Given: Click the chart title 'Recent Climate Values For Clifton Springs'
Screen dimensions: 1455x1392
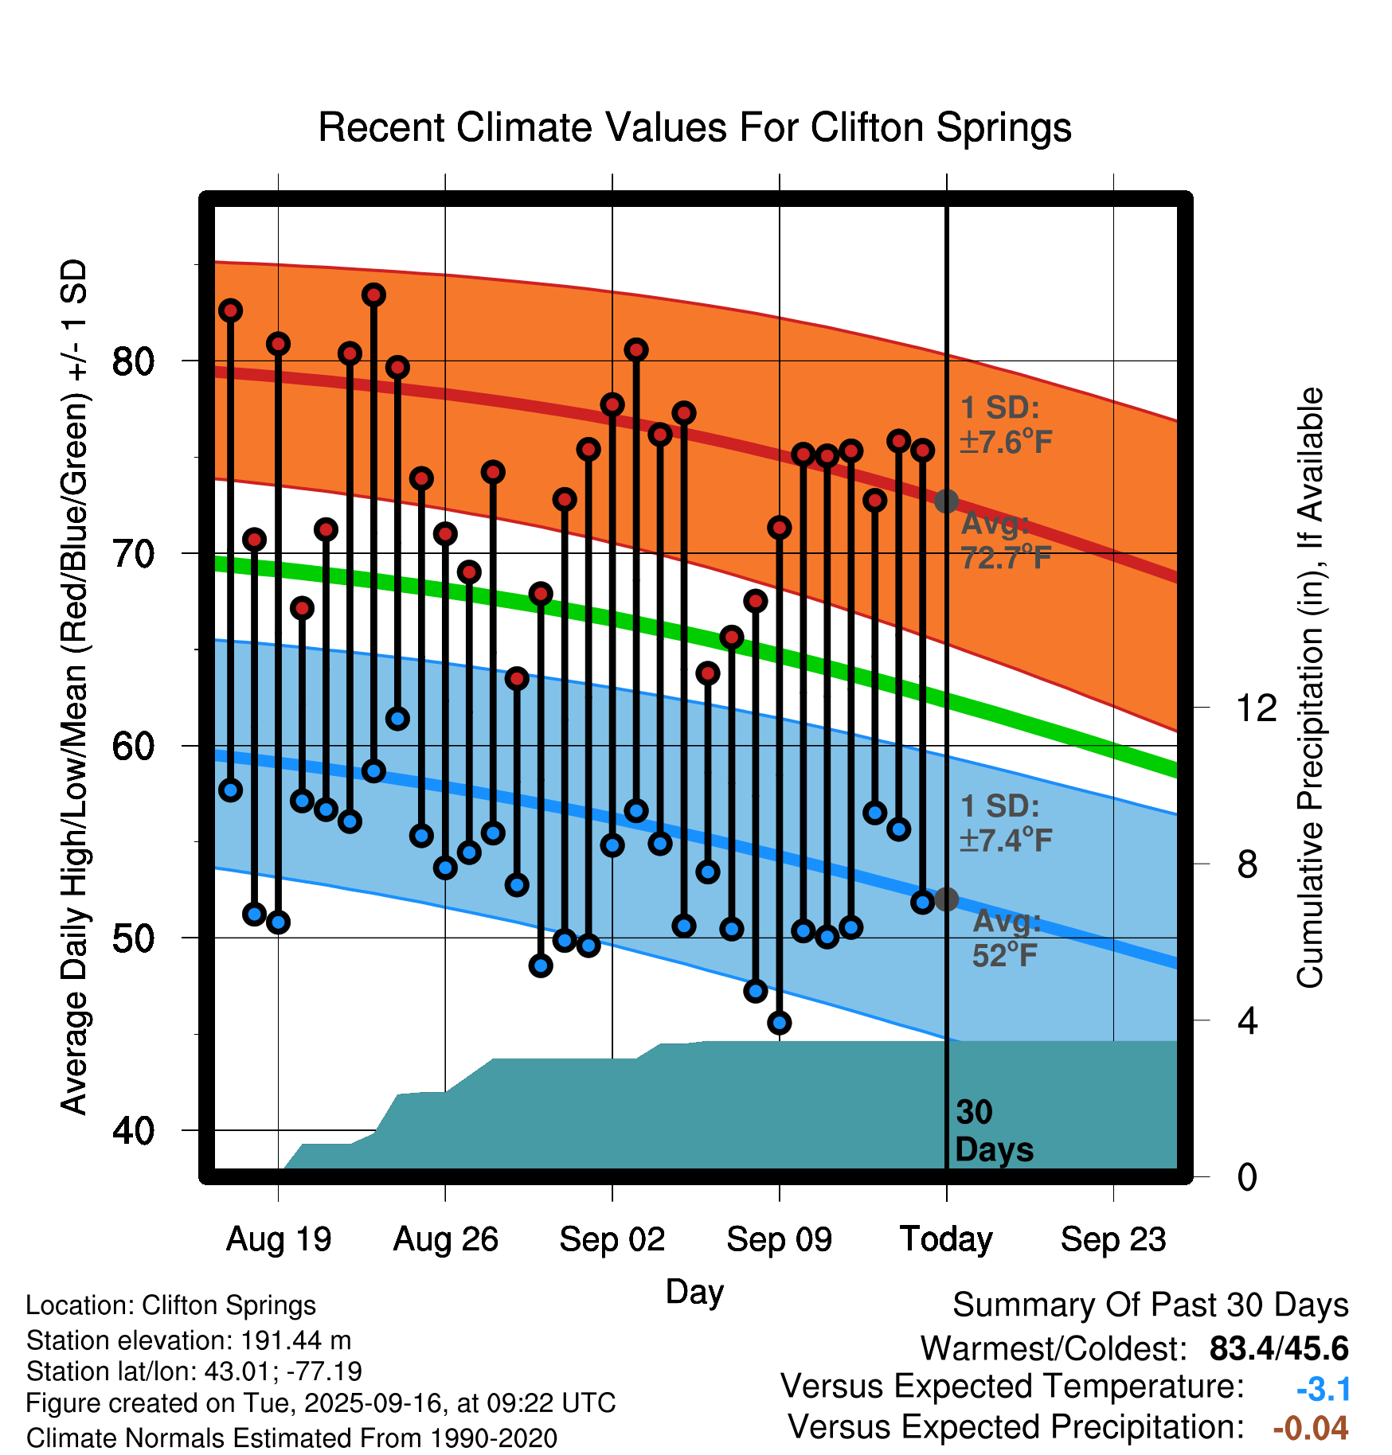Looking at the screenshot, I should [694, 127].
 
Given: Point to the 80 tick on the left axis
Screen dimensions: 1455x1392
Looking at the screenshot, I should [133, 362].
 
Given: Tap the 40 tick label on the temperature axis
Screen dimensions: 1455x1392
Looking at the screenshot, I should [133, 1130].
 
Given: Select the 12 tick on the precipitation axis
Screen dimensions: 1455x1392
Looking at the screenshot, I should [1257, 708].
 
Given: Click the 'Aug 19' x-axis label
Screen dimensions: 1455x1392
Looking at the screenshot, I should [279, 1239].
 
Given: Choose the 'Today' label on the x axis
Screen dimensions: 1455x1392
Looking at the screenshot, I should [946, 1239].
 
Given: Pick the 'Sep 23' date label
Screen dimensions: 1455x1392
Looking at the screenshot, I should [1113, 1239].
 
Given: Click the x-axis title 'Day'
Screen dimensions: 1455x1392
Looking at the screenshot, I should [694, 1292].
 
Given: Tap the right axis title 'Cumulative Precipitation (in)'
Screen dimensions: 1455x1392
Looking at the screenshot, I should [1310, 688].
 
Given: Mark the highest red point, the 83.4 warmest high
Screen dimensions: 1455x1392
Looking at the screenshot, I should [373, 295].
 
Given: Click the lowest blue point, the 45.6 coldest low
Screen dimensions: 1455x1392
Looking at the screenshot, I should [780, 1023].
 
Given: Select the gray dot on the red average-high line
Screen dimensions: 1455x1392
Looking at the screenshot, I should [946, 501].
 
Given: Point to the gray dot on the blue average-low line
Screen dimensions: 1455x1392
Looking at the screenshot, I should [946, 899].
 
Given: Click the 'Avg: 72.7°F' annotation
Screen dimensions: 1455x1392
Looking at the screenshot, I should [1006, 541].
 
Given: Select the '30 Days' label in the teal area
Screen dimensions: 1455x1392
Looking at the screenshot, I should [993, 1131].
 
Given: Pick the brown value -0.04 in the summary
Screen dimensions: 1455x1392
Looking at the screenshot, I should [1311, 1428].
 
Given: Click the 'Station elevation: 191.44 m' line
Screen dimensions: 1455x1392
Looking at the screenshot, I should [189, 1340].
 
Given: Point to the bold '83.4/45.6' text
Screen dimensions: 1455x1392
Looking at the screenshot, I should [1279, 1349].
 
